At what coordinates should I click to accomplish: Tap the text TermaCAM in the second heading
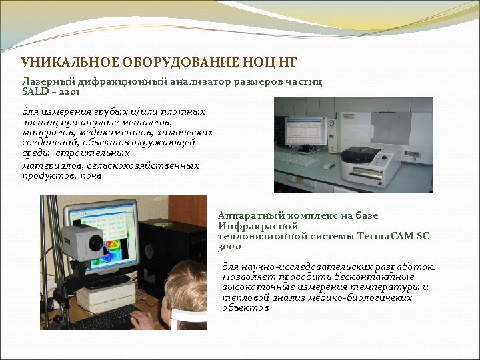coord(385,236)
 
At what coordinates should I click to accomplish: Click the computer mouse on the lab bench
coord(327,166)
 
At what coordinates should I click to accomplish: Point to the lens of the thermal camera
coord(96,242)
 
